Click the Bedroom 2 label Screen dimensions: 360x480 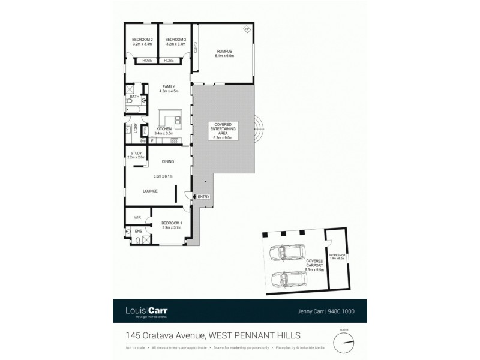142,40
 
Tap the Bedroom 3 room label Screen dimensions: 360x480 175,40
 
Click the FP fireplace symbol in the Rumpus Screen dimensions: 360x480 247,29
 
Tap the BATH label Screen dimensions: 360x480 134,97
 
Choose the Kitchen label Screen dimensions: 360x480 164,129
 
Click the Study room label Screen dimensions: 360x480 136,153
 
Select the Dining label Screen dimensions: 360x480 168,161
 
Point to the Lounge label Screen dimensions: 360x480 150,191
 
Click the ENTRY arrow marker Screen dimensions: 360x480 194,197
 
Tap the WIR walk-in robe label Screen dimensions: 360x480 137,217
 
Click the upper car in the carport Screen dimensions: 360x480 287,255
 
